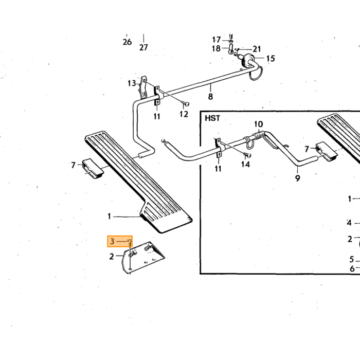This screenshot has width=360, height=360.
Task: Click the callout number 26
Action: (127, 42)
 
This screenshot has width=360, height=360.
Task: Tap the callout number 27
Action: (143, 47)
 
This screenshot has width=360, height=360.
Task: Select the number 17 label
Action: (217, 40)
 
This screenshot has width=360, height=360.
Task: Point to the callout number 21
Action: (257, 49)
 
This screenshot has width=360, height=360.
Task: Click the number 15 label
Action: (271, 59)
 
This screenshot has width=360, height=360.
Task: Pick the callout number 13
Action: (132, 83)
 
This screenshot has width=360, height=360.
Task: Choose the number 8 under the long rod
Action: (210, 97)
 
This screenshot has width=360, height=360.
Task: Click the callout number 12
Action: (184, 114)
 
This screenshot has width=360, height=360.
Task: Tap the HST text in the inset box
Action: (212, 118)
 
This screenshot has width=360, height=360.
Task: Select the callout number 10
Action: (259, 124)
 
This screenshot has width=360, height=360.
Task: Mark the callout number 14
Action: (245, 164)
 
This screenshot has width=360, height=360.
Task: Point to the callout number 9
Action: (298, 178)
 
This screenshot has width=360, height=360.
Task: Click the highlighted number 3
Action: (112, 241)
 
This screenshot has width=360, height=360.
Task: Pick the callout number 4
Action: (349, 223)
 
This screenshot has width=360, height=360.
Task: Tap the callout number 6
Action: (352, 268)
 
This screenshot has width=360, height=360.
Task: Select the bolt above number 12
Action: (186, 105)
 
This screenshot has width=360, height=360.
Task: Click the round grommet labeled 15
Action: (247, 59)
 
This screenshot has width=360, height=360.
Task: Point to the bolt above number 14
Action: (248, 155)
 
